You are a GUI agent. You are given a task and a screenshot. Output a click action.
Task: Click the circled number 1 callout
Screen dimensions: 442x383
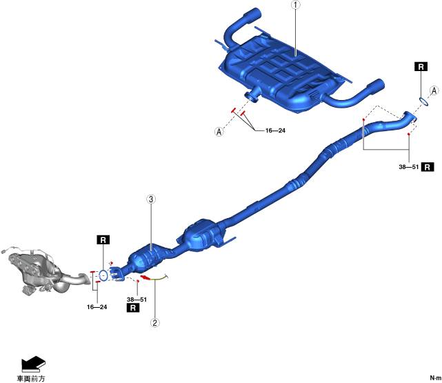click(296, 6)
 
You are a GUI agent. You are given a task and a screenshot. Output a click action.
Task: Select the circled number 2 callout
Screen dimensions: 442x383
click(155, 322)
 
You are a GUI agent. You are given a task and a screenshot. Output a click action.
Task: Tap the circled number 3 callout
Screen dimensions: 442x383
click(151, 200)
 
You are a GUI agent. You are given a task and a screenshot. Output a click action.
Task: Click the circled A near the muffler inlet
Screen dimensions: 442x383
click(219, 131)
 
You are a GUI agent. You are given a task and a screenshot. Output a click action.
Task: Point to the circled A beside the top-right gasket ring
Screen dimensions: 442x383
click(434, 90)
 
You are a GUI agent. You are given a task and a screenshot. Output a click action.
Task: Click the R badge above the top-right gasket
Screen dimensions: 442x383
click(420, 67)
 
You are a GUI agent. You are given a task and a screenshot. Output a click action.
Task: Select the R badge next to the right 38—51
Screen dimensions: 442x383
click(428, 167)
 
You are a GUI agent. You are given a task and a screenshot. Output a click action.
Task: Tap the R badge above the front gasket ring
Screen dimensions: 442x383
click(103, 240)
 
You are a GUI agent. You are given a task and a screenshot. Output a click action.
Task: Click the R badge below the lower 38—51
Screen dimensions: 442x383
click(133, 309)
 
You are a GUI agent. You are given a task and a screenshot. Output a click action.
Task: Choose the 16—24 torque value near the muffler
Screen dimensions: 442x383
click(275, 130)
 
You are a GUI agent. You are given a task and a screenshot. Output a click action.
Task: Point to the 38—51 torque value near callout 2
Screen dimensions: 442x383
click(137, 299)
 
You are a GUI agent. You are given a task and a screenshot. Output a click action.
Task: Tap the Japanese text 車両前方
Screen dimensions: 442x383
click(31, 378)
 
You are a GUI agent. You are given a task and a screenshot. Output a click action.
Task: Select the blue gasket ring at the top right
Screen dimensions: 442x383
click(423, 101)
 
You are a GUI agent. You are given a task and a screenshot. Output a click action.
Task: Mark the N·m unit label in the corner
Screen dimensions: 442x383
click(432, 378)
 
